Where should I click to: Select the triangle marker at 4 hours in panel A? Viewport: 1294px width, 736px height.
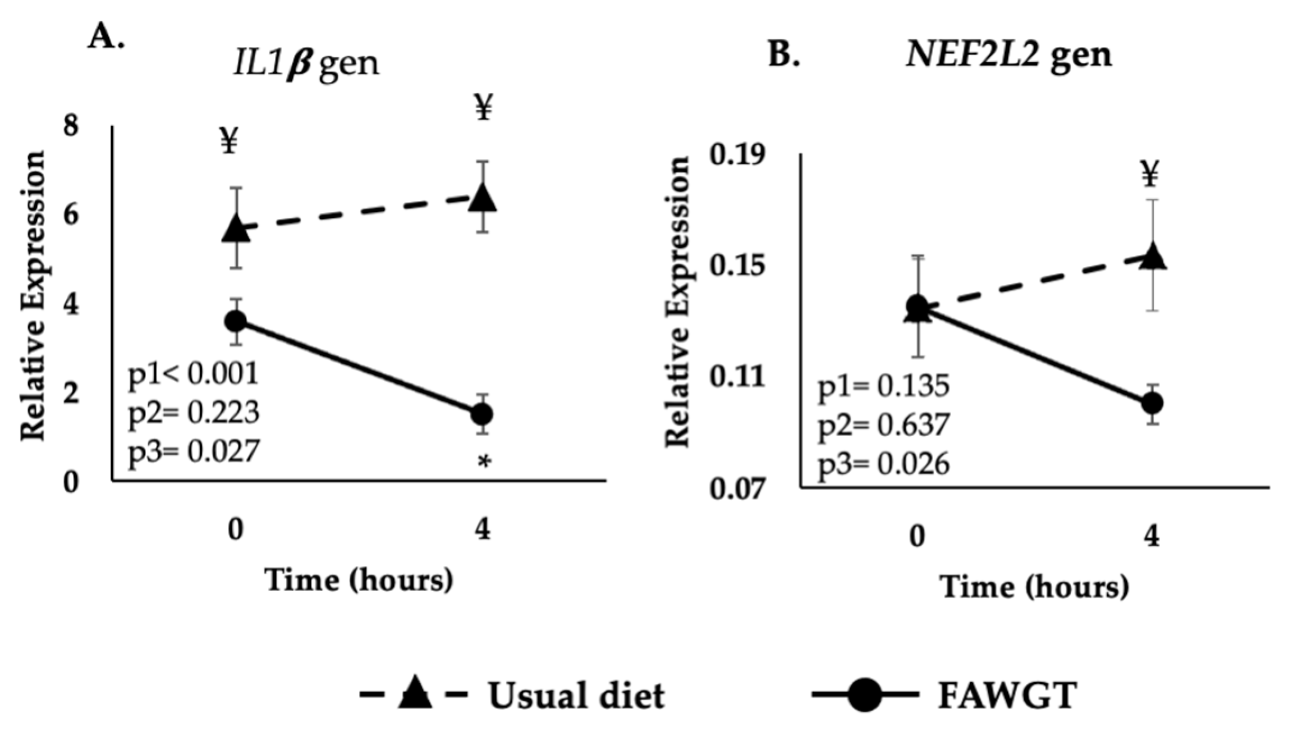483,198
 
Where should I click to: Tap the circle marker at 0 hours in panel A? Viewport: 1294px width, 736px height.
235,321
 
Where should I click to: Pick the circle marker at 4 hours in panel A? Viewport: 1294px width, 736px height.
482,414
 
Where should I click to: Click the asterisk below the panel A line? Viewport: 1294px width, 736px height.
484,463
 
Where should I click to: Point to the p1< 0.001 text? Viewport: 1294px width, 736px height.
194,373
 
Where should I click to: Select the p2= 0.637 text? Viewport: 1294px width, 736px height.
883,425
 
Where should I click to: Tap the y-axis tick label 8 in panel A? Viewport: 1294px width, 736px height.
71,126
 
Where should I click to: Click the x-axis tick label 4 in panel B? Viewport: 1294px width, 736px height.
1151,537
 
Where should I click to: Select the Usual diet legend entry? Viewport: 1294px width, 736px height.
512,696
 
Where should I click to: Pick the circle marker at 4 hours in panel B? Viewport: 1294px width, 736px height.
1152,403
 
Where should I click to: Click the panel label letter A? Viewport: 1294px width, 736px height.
104,38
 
